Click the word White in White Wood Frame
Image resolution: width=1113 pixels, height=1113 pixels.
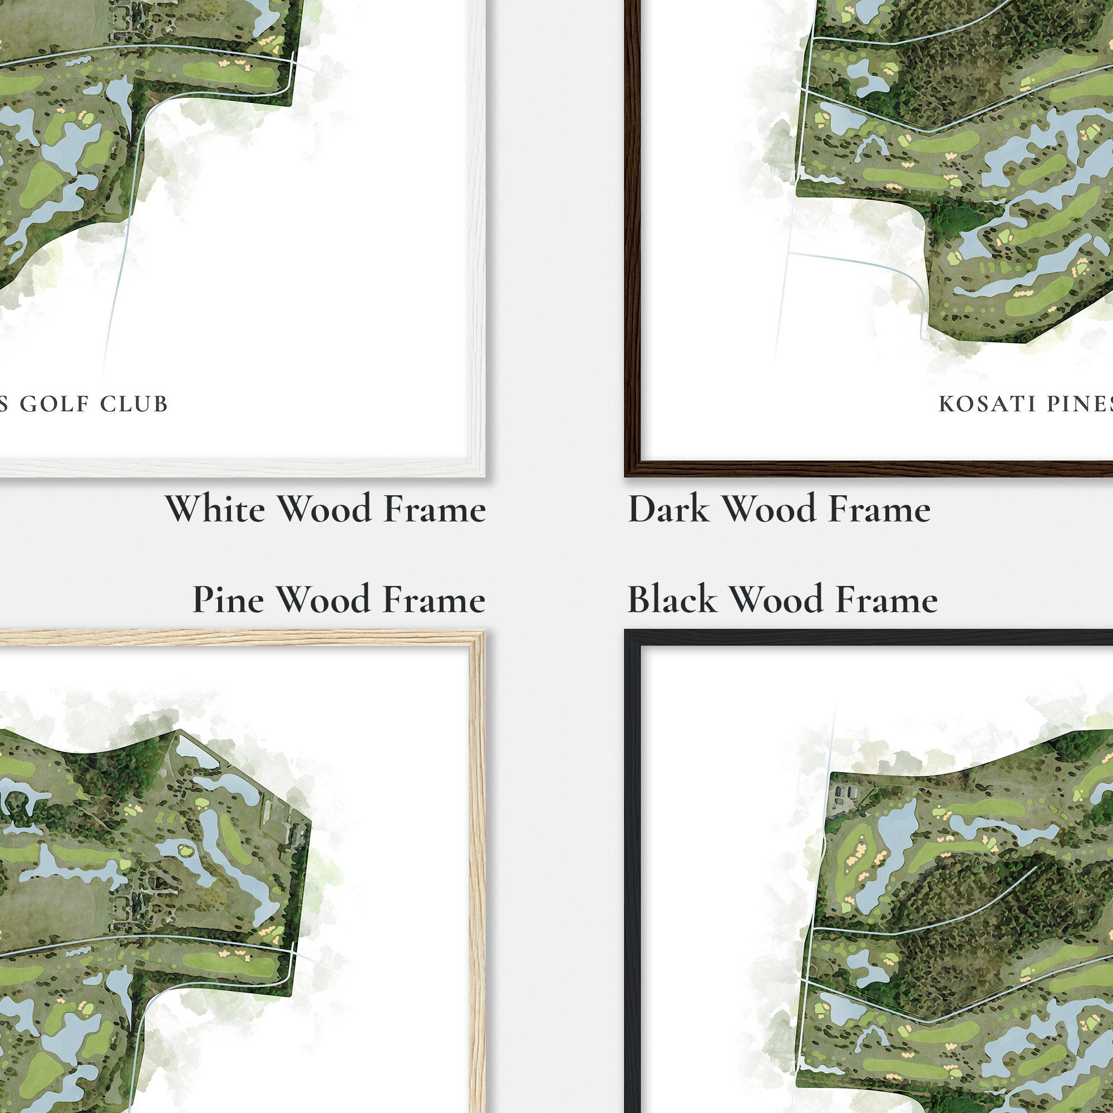pos(215,509)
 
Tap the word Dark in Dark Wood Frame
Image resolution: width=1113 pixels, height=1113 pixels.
pos(668,509)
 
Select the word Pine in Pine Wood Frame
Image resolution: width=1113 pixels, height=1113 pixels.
pos(228,600)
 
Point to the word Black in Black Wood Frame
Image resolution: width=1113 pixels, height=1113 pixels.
pos(672,600)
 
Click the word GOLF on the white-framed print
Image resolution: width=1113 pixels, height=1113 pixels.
pos(55,404)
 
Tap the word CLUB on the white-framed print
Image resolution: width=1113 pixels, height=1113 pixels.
pos(134,404)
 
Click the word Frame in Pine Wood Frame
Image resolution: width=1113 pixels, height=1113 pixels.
pos(435,600)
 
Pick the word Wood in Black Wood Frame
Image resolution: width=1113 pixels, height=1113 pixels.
pos(776,600)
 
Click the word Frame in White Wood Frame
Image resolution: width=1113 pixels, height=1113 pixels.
pos(435,509)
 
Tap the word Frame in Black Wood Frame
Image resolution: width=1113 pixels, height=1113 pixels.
pos(887,600)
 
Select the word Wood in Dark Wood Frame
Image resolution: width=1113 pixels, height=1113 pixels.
pos(769,509)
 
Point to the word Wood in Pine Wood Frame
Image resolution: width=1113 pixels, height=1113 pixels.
pos(324,600)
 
